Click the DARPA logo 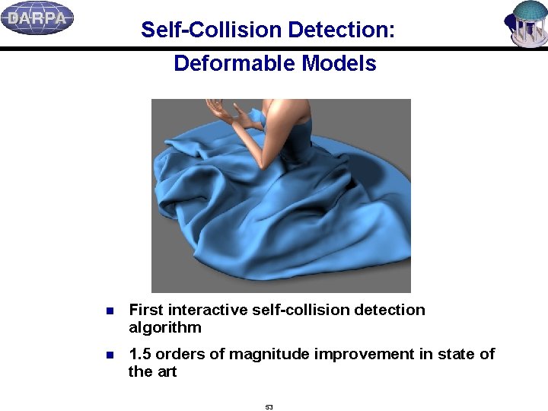(37, 18)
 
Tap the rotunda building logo (527, 23)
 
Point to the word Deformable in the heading (234, 63)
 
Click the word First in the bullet (146, 310)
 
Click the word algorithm (165, 328)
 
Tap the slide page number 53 (269, 407)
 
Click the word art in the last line (167, 372)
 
